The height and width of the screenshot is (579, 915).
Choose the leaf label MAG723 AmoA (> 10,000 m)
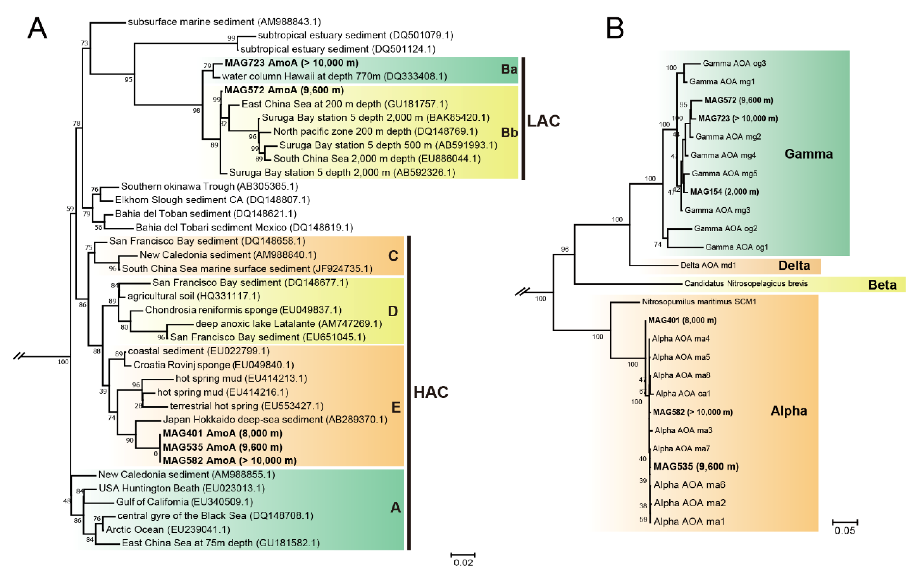(x=291, y=63)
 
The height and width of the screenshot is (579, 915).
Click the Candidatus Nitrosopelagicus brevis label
(x=746, y=284)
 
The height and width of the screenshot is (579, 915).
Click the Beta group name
(x=882, y=285)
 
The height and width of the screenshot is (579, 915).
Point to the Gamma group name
(x=808, y=154)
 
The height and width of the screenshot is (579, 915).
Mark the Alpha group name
(x=789, y=411)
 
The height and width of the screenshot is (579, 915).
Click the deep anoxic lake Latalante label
(x=288, y=324)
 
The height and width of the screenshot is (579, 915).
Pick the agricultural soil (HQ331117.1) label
(x=194, y=296)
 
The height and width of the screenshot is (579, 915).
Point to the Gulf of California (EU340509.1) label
(x=184, y=502)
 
